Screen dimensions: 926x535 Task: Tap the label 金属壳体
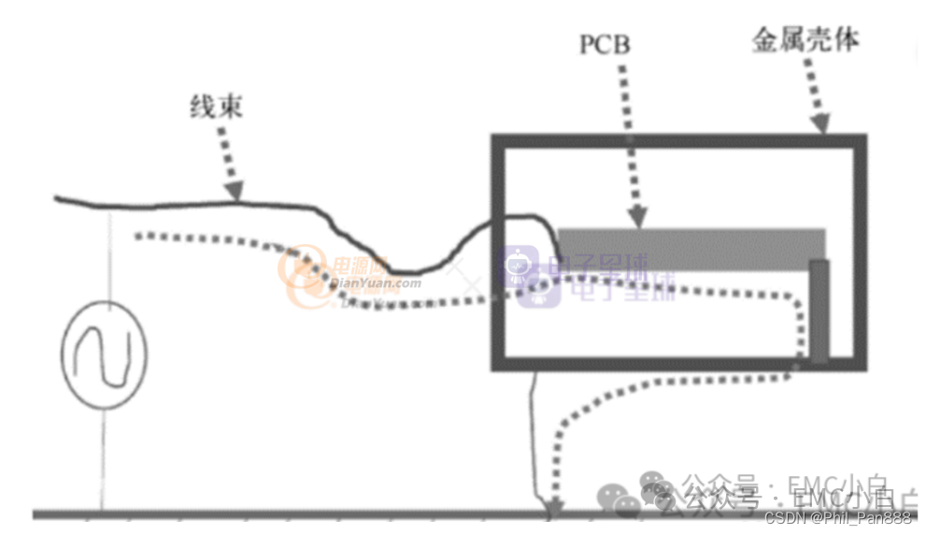tap(805, 41)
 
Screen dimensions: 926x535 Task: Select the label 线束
tap(218, 107)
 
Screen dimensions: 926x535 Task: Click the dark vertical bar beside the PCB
tap(819, 311)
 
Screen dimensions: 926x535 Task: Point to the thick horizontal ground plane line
tap(280, 514)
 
